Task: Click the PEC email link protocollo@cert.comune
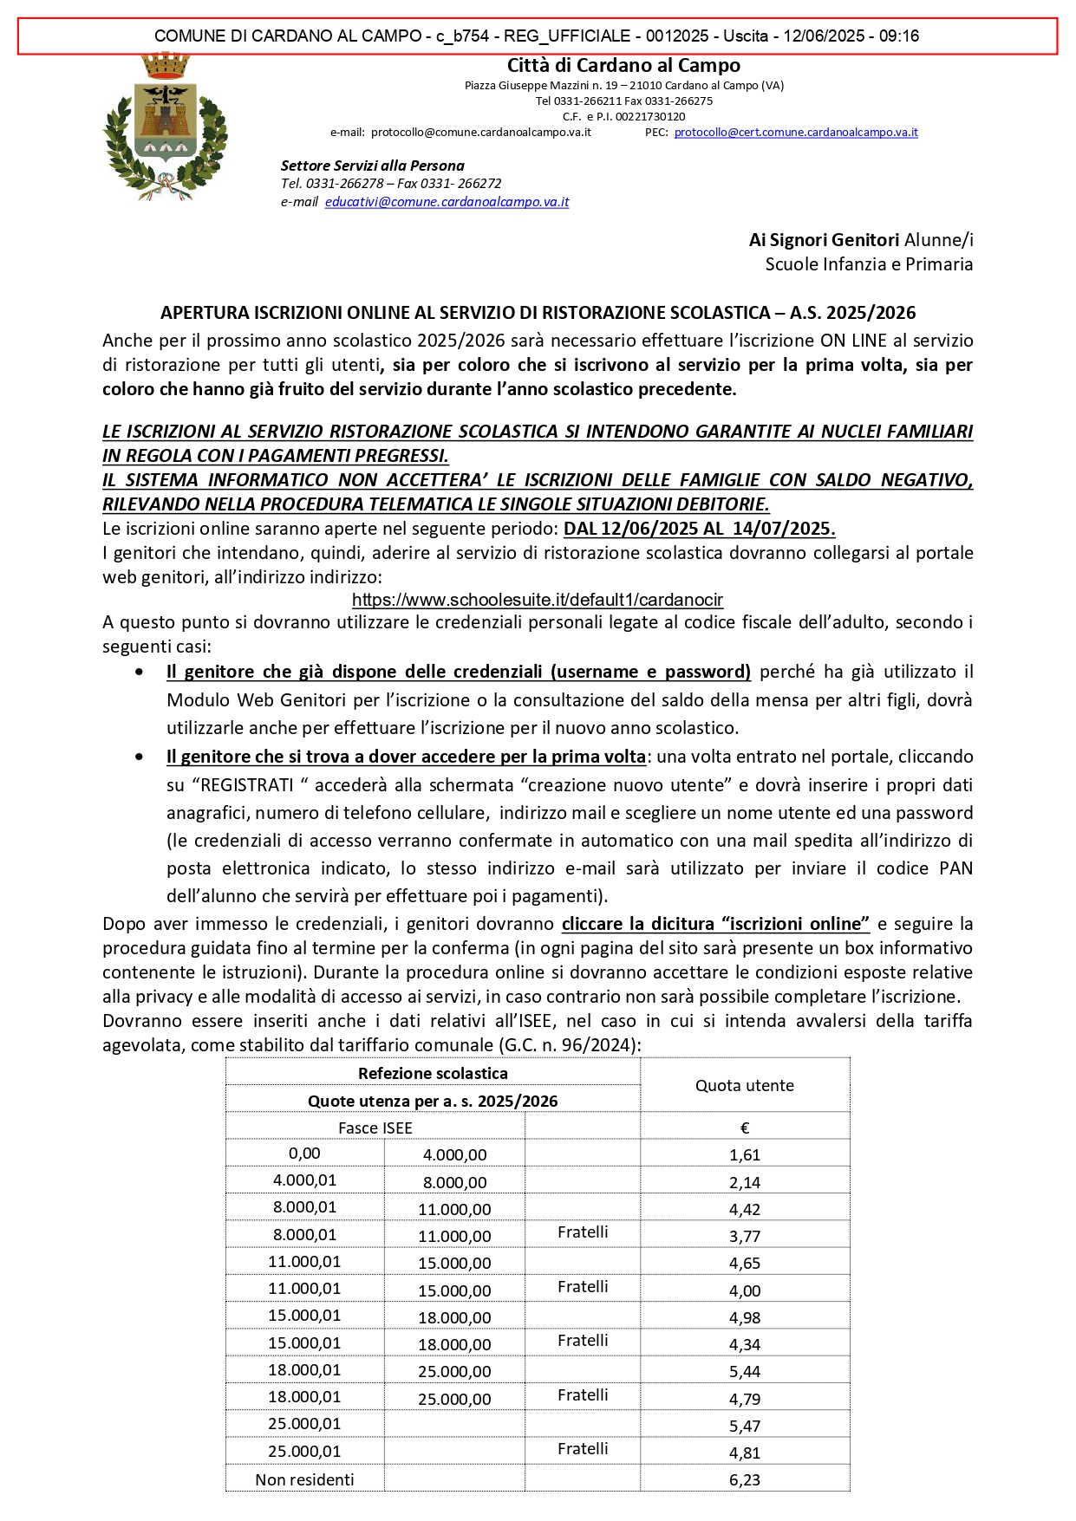[x=795, y=133]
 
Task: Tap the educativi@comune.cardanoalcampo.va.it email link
[x=447, y=202]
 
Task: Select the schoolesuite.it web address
[x=537, y=600]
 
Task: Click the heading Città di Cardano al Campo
[x=623, y=66]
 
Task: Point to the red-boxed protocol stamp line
[x=537, y=36]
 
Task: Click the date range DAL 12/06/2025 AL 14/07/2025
[x=699, y=529]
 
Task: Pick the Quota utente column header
[x=744, y=1086]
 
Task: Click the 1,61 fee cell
[x=744, y=1155]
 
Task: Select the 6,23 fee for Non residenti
[x=744, y=1480]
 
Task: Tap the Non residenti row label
[x=304, y=1480]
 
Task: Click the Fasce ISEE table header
[x=375, y=1128]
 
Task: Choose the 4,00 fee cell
[x=744, y=1291]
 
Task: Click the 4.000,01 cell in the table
[x=304, y=1180]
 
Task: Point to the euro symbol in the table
[x=744, y=1128]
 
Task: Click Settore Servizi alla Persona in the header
[x=372, y=166]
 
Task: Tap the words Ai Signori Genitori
[x=824, y=240]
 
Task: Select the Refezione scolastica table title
[x=433, y=1074]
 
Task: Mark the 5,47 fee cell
[x=744, y=1426]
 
